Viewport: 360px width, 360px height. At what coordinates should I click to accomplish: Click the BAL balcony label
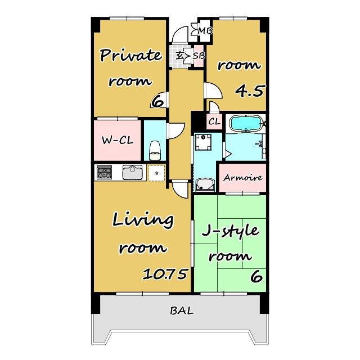pos(182,311)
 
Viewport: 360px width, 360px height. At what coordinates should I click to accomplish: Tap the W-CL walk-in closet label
pos(118,140)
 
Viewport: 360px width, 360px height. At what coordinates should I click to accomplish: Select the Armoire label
pos(242,178)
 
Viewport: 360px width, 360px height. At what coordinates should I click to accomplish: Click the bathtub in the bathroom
pos(246,124)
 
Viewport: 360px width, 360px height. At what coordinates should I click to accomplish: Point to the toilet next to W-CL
pos(155,150)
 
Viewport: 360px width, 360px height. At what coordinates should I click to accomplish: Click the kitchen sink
pos(132,172)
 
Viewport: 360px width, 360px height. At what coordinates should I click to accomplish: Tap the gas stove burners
pos(105,172)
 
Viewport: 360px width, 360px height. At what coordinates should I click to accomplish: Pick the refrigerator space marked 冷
pos(156,173)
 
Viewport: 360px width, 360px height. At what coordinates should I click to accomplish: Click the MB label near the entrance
pos(205,31)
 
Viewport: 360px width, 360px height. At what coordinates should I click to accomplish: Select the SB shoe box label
pos(199,55)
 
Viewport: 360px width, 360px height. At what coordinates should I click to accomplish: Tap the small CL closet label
pos(214,121)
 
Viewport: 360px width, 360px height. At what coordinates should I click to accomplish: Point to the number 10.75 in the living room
pos(165,274)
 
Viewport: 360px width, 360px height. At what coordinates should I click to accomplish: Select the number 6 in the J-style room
pos(256,276)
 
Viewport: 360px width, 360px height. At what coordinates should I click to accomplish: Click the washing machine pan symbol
pos(203,142)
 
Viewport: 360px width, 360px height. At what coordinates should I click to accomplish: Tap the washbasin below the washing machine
pos(205,184)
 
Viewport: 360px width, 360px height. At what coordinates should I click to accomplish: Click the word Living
pos(143,220)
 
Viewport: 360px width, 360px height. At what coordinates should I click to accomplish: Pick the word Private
pos(131,55)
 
